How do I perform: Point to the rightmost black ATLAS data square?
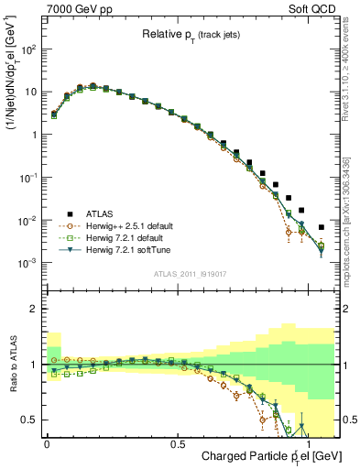tap(321, 227)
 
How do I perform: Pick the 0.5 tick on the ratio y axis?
tap(31, 420)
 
